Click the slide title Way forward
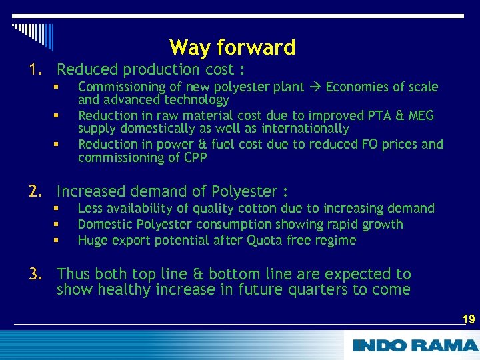point(232,47)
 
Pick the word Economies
point(356,87)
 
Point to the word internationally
point(306,128)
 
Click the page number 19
point(468,319)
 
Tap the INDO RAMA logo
point(414,345)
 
